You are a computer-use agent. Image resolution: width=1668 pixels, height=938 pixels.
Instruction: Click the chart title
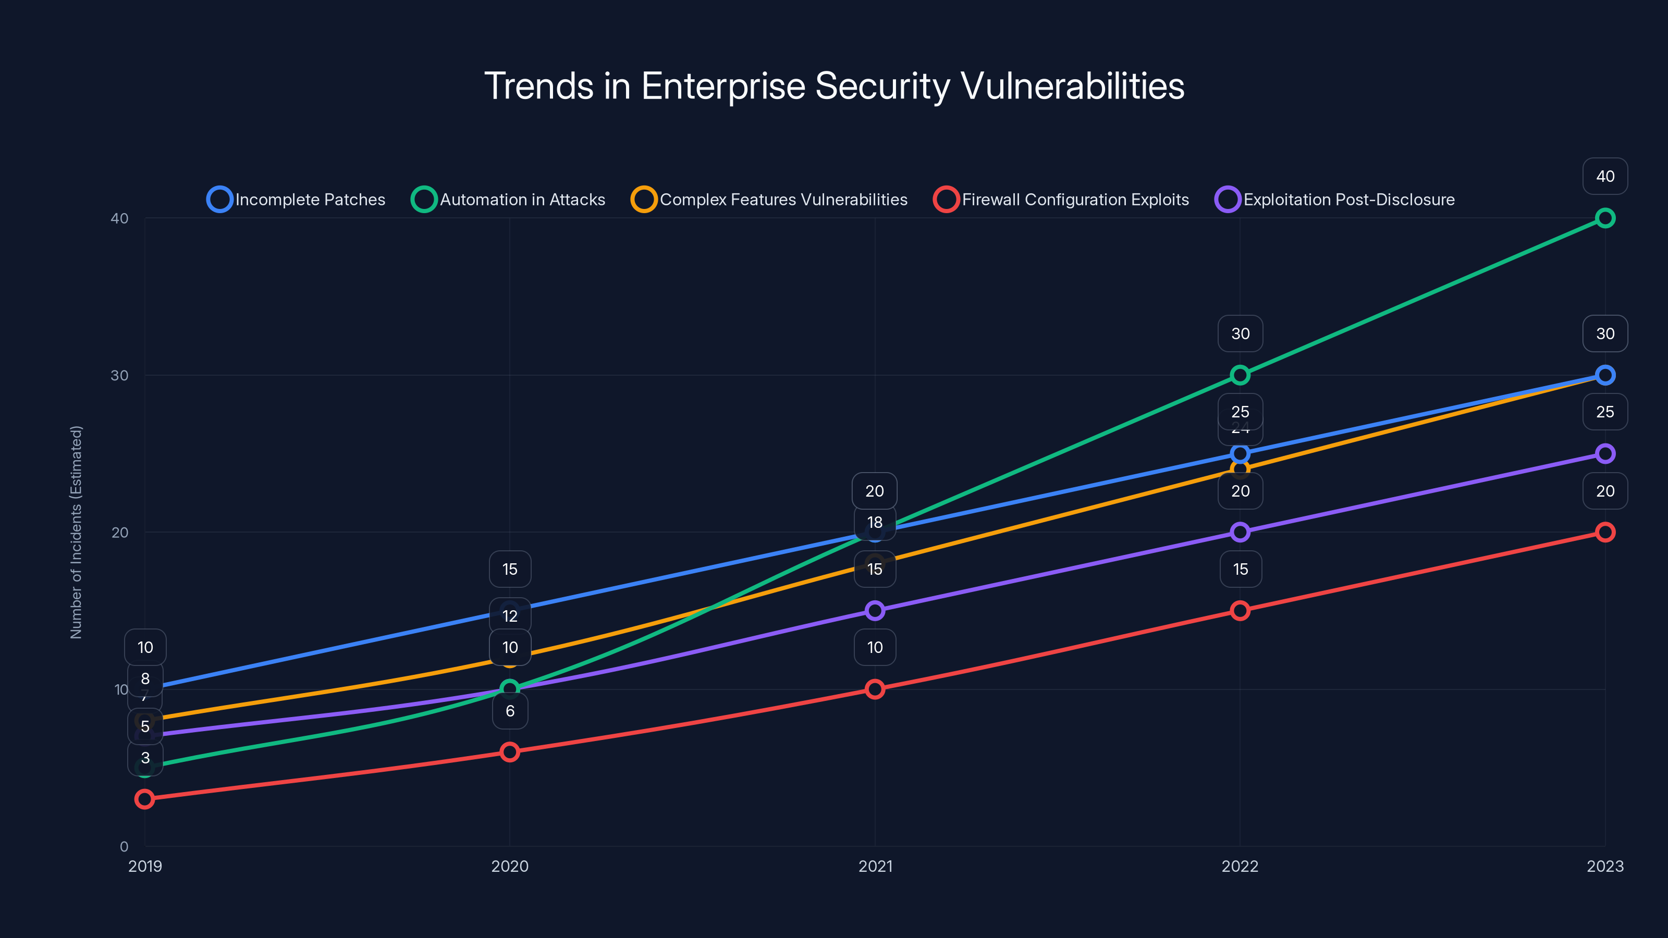tap(834, 86)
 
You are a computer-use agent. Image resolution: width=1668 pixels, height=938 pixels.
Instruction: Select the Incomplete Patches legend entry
tap(296, 200)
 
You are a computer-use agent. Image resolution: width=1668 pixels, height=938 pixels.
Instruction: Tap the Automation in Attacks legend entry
tap(508, 200)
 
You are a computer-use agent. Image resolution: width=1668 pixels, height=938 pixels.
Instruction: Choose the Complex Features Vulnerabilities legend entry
tap(769, 200)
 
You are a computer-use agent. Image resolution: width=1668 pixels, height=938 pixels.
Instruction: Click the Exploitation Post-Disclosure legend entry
tap(1334, 200)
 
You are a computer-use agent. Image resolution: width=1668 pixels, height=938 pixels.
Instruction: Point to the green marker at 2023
tap(1604, 218)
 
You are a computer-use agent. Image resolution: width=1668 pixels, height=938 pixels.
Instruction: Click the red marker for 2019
tap(144, 799)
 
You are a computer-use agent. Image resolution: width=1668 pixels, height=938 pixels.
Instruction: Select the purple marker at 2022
tap(1240, 532)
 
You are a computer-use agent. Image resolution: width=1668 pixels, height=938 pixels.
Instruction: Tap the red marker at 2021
tap(875, 689)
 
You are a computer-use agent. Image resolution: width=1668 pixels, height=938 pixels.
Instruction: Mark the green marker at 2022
tap(1240, 375)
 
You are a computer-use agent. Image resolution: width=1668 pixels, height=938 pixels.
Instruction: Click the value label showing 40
tap(1604, 176)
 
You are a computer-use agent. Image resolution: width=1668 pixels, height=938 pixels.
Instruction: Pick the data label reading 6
tap(510, 711)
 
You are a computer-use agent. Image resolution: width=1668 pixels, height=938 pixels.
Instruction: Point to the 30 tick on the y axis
tap(120, 375)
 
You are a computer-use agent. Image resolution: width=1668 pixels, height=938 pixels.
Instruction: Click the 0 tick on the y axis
tap(124, 846)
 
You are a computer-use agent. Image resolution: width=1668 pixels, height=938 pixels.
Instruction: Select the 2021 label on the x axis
tap(875, 866)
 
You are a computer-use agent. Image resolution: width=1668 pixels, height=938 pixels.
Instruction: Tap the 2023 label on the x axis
tap(1604, 866)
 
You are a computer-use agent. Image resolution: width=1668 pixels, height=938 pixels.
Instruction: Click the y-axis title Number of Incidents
tap(77, 532)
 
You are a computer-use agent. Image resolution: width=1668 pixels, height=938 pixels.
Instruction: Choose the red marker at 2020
tap(510, 751)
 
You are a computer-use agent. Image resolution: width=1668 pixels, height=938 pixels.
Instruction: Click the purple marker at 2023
tap(1604, 453)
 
